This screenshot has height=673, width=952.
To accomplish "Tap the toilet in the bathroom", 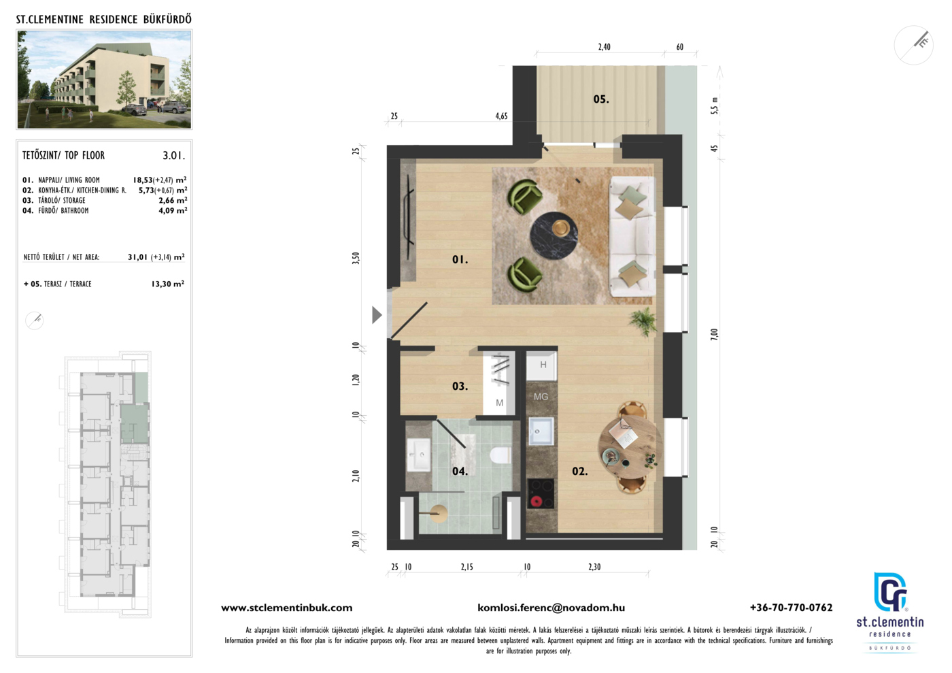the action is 500,455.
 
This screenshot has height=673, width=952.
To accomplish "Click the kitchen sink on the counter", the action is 541,431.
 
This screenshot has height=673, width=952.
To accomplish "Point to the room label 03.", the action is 460,387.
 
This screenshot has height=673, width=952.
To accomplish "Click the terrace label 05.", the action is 601,99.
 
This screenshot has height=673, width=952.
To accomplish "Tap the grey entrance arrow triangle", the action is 377,315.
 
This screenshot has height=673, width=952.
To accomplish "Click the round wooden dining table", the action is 630,448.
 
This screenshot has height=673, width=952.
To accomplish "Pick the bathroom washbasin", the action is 419,455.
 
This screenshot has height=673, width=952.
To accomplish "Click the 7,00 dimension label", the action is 715,334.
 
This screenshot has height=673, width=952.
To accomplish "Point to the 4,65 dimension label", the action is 502,116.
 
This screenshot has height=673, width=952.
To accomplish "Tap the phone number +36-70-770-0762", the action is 791,608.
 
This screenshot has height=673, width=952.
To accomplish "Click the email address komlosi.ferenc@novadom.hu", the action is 551,608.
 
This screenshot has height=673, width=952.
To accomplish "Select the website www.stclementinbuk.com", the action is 287,608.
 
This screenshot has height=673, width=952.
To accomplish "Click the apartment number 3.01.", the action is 174,156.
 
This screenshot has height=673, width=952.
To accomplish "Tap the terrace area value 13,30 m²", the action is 168,284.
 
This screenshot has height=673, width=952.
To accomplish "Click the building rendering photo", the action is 104,79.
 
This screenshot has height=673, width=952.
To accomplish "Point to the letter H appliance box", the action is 541,365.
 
